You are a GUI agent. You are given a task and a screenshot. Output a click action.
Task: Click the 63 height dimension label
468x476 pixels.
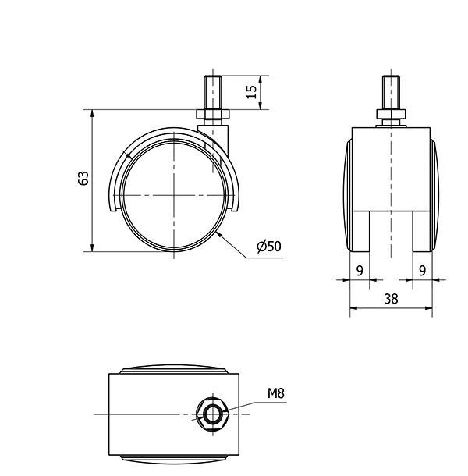[83, 178]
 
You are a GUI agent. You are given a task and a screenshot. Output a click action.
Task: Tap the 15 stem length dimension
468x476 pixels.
[251, 91]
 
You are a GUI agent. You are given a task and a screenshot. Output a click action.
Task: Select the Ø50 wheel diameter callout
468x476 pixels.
[269, 247]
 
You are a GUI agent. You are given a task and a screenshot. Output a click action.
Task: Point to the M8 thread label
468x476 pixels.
[276, 393]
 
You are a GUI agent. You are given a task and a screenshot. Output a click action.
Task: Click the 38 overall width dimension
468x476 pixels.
[391, 299]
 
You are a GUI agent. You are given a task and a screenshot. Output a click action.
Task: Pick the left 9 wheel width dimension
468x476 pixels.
[360, 271]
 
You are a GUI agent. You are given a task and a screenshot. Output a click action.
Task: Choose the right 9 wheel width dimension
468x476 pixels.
[422, 271]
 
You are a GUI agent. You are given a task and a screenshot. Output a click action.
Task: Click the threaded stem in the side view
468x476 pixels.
[213, 93]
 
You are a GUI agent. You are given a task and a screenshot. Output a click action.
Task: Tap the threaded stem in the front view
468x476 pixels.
[391, 93]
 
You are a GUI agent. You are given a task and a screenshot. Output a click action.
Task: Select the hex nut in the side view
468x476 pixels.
[213, 115]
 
